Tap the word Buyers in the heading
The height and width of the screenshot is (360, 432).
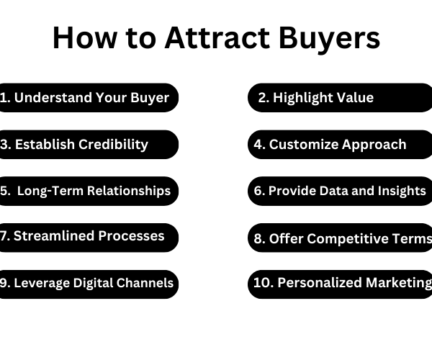coord(329,39)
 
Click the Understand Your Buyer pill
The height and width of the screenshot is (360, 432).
coord(88,98)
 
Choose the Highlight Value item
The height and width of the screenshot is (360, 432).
coord(340,98)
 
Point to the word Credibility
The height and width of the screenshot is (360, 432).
coord(113,145)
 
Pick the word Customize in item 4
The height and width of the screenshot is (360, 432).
coord(304,145)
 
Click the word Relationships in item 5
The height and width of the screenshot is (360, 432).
coord(129,191)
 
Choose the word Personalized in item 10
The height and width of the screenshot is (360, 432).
coord(320,283)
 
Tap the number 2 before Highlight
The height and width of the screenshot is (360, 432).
coord(262,98)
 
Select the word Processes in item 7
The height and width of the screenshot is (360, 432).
coord(132,236)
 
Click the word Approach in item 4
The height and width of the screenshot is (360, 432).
coord(374,145)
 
